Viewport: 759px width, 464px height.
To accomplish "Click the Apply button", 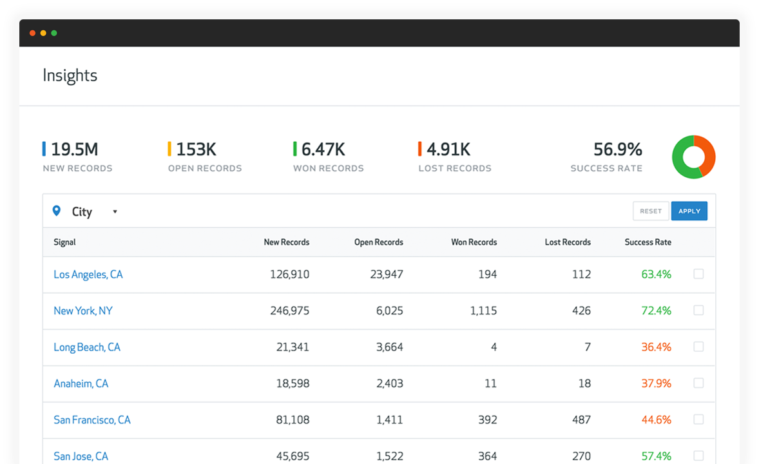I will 689,211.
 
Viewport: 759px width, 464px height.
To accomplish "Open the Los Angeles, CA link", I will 88,275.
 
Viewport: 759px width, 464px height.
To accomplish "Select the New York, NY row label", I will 82,311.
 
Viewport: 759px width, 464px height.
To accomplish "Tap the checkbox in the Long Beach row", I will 698,347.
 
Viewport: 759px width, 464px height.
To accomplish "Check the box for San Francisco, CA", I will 698,420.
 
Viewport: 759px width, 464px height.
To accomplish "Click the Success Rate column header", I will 648,242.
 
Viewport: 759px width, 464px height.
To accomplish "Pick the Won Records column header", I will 474,242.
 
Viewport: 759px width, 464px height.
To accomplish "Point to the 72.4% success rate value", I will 656,311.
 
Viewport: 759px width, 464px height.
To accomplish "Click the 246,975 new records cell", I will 289,311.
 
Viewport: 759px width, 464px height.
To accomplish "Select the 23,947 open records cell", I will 387,275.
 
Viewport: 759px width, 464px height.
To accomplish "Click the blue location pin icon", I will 57,211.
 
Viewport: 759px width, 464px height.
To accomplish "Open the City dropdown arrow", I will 115,211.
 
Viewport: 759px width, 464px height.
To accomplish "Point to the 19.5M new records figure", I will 74,150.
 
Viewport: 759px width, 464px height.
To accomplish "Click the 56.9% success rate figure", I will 617,150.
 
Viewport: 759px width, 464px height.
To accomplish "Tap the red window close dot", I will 32,33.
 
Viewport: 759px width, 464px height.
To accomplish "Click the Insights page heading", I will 70,75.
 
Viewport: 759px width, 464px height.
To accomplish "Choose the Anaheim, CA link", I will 81,383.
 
